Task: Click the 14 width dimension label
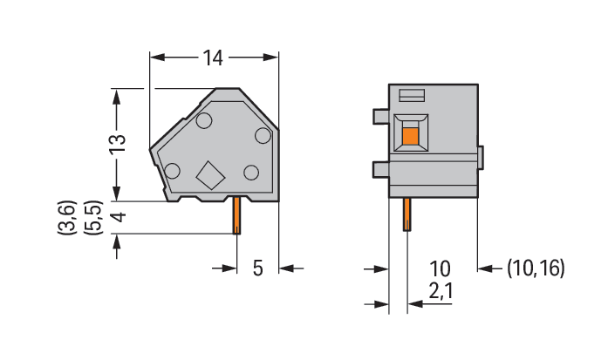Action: (213, 58)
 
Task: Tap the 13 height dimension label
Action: (118, 145)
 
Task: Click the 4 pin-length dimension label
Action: (119, 217)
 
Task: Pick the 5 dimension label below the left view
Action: (258, 268)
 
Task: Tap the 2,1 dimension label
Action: (441, 290)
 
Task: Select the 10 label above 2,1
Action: (441, 268)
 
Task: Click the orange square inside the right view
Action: (411, 136)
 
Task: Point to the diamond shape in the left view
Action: (210, 175)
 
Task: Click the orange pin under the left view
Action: (236, 215)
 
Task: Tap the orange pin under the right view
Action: (406, 214)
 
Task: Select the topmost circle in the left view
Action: (204, 121)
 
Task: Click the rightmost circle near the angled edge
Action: (263, 136)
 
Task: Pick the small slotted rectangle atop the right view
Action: (412, 95)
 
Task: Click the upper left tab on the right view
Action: (381, 117)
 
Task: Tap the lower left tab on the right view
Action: (381, 170)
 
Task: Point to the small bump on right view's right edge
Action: (481, 158)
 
